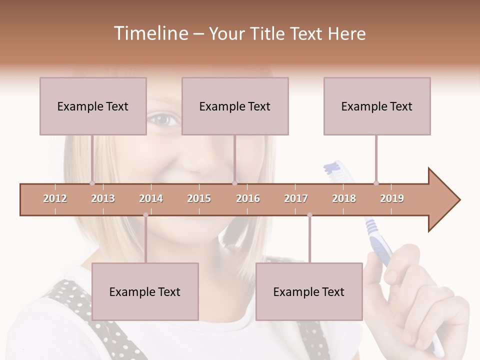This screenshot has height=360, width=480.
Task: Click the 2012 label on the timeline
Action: click(x=55, y=198)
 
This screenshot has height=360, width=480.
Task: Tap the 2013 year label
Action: click(x=103, y=198)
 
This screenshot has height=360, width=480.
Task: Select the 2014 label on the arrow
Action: click(x=151, y=198)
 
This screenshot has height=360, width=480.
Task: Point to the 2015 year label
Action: click(x=199, y=198)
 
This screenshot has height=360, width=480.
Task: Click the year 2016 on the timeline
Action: click(x=248, y=198)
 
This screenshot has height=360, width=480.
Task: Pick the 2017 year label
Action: click(x=296, y=198)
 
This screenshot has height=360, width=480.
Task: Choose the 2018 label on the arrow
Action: click(x=344, y=198)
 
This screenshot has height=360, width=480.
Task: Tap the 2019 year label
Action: click(x=392, y=198)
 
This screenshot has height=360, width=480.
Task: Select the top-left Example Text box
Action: click(x=93, y=106)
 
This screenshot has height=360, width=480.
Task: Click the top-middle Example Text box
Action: click(x=235, y=106)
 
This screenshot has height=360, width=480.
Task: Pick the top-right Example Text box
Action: click(x=377, y=106)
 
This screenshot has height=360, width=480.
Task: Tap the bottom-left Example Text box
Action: click(x=145, y=291)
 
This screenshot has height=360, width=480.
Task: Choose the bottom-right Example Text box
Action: click(x=309, y=291)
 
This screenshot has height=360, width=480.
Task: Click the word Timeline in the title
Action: click(x=149, y=33)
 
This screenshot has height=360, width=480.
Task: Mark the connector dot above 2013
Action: click(x=92, y=183)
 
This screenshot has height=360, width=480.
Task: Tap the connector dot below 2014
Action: click(x=145, y=215)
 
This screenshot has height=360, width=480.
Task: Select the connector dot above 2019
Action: click(x=376, y=183)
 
